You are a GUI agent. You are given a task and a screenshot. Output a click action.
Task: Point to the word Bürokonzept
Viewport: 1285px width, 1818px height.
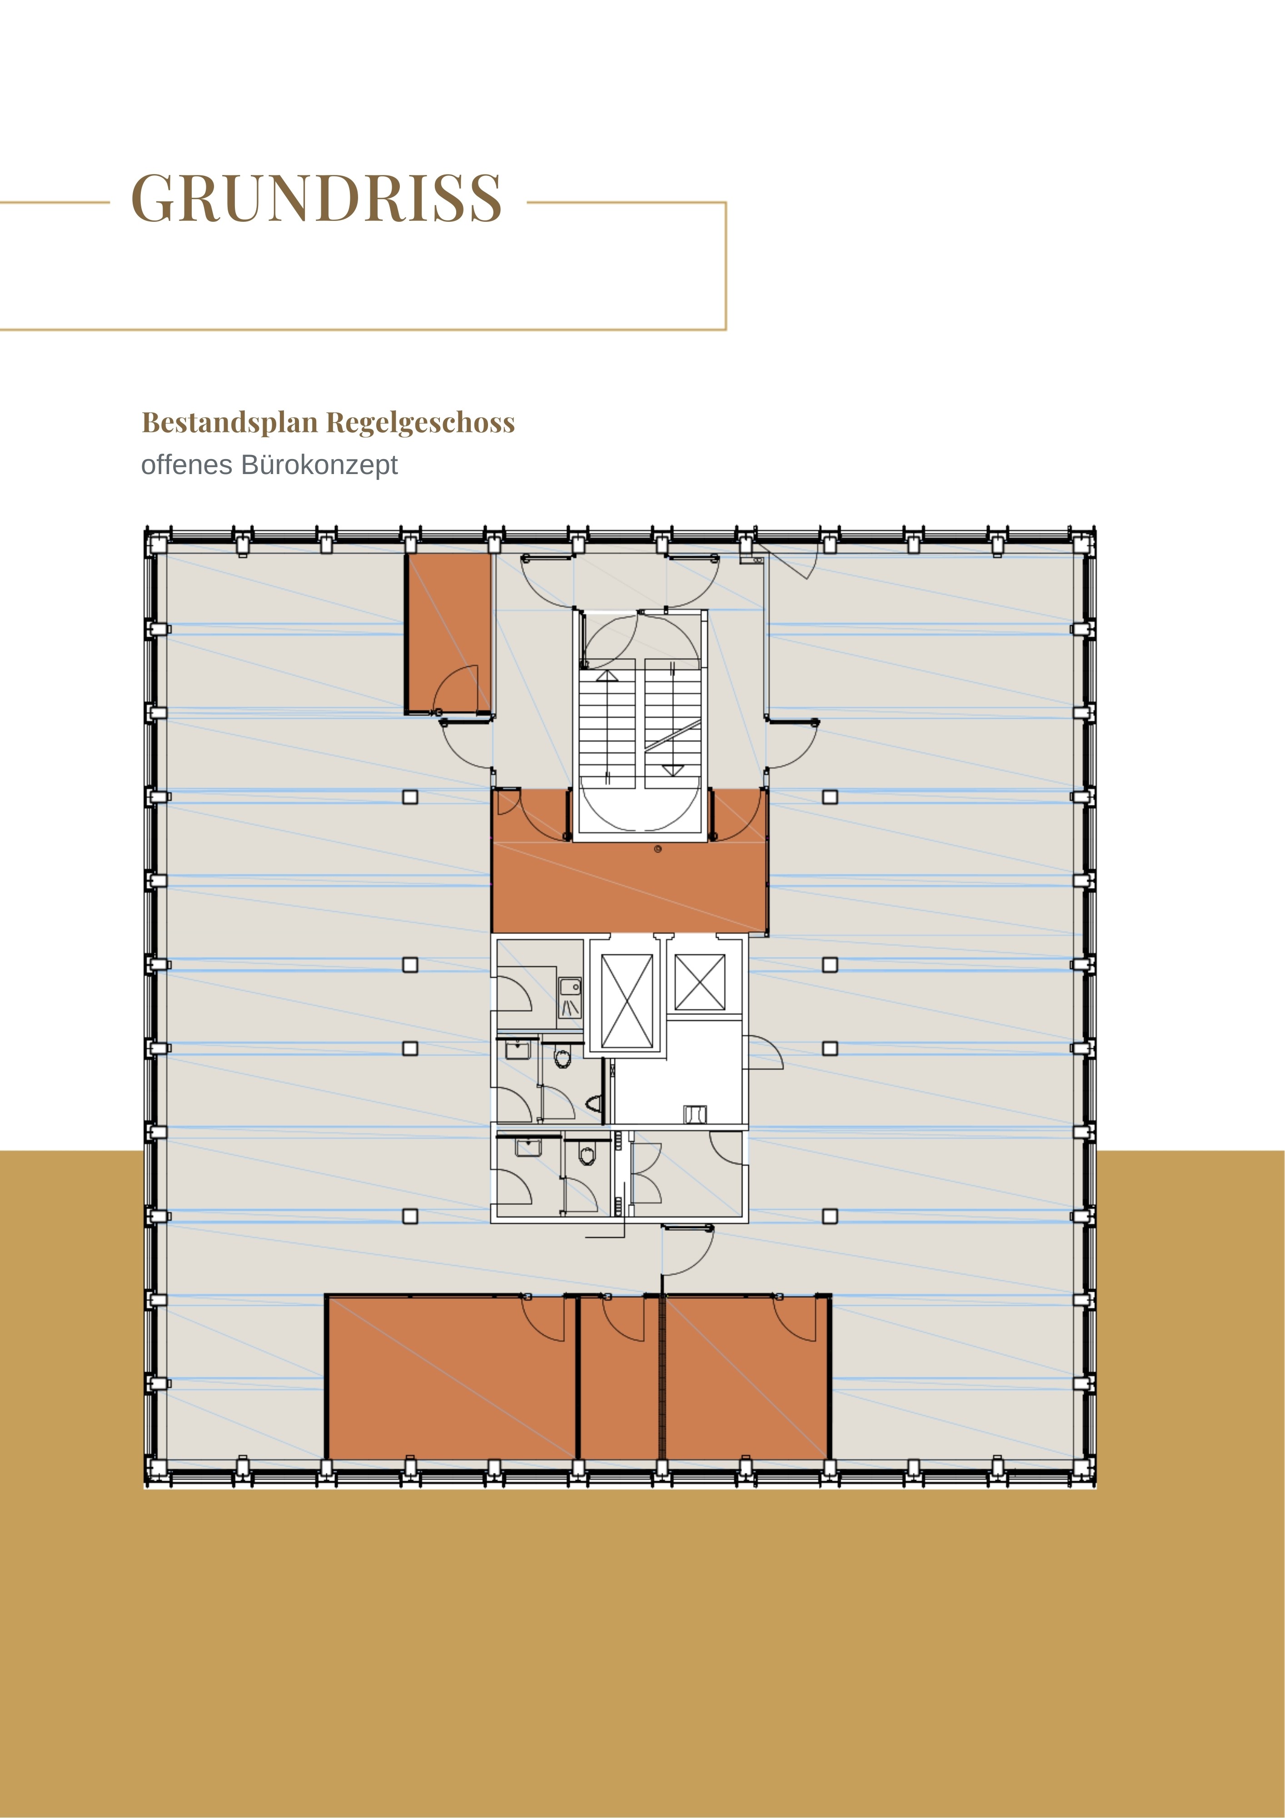[319, 465]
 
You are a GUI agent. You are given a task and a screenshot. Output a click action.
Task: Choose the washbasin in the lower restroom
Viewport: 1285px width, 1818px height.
[527, 1147]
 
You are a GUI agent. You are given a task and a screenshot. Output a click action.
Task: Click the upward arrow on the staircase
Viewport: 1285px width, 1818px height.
[607, 675]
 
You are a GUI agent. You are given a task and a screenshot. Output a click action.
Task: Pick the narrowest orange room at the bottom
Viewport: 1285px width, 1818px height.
[619, 1377]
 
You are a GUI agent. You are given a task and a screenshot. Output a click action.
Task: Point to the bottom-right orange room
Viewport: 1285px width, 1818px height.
[747, 1377]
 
